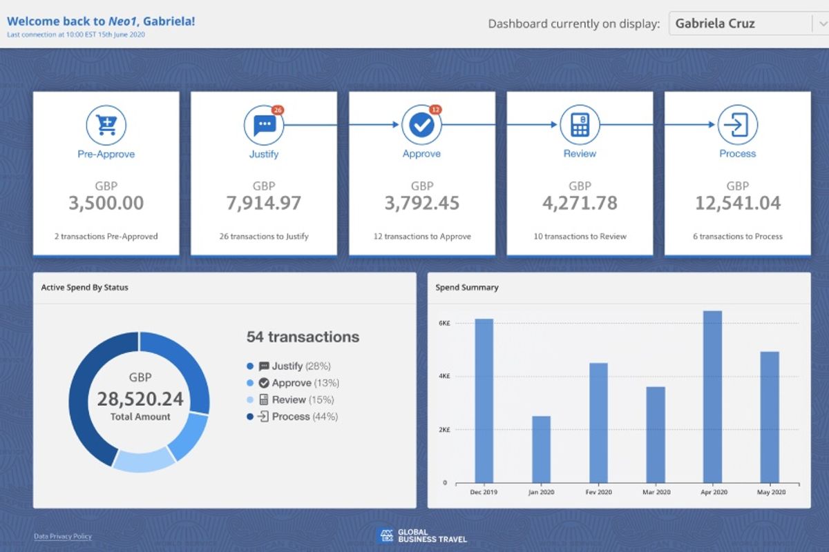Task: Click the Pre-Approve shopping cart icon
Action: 106,126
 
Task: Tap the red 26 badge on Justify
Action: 278,110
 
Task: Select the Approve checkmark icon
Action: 421,126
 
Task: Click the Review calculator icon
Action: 580,126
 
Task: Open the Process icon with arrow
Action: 738,126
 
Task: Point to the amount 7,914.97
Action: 264,203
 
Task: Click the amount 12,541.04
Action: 738,203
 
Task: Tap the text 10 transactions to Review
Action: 580,236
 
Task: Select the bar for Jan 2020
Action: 541,448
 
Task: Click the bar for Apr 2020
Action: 712,397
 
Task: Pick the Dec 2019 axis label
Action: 484,492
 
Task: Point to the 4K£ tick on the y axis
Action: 444,376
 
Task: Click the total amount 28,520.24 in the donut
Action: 140,400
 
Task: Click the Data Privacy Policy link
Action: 63,536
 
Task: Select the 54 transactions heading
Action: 303,337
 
